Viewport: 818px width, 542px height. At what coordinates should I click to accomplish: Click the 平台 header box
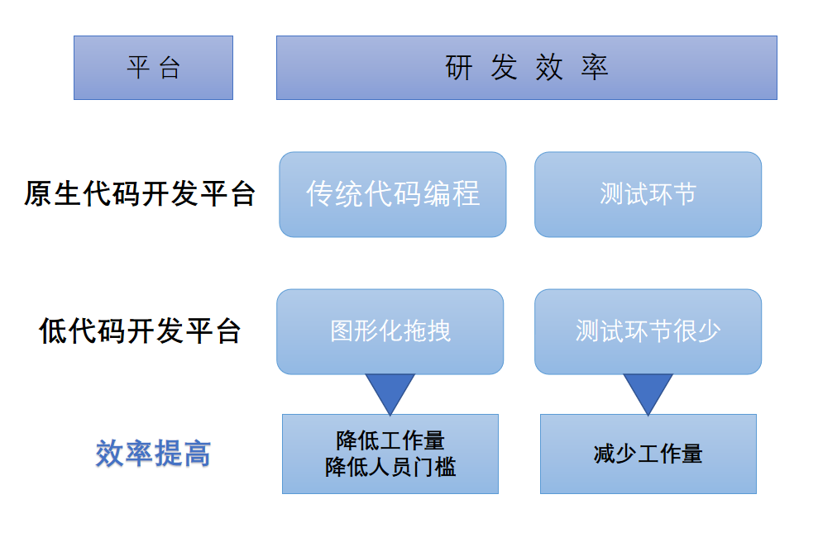[x=153, y=68]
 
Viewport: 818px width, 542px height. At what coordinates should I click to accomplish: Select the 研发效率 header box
[x=526, y=68]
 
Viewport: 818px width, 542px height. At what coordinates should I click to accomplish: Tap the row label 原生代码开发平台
[x=139, y=194]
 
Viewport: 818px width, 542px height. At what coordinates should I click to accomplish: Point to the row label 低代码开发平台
[x=139, y=330]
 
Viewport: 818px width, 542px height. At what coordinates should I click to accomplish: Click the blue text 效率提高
[x=153, y=453]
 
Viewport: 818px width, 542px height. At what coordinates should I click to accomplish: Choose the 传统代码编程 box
[x=392, y=194]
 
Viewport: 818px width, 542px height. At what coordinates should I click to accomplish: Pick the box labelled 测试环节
[x=648, y=194]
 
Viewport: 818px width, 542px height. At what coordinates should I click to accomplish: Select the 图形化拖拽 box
[x=390, y=331]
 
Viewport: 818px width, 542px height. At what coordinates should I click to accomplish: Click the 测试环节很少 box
[x=648, y=331]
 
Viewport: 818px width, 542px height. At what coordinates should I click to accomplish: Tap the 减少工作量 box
[x=648, y=454]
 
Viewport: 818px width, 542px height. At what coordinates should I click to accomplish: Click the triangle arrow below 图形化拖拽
[x=390, y=391]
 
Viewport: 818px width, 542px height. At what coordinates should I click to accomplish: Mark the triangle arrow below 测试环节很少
[x=648, y=391]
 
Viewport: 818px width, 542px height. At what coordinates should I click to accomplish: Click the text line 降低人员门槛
[x=390, y=468]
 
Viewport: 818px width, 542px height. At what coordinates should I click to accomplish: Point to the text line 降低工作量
[x=390, y=440]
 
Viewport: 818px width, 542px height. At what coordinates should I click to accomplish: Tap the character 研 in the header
[x=460, y=68]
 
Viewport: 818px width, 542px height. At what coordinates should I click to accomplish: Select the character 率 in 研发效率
[x=595, y=68]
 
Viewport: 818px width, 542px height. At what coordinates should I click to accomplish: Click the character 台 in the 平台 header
[x=170, y=68]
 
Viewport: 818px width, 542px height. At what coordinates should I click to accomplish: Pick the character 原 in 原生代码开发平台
[x=38, y=194]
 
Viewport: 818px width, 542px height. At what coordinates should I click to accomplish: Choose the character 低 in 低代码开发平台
[x=53, y=330]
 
